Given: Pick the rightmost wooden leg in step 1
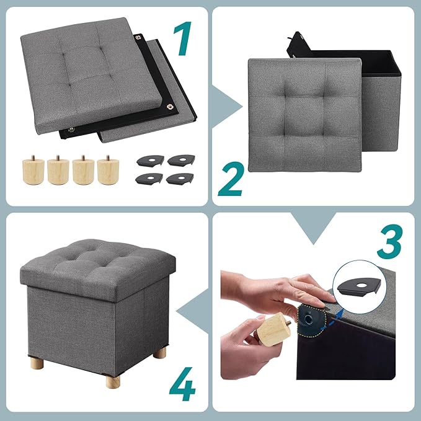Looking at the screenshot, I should point(107,168).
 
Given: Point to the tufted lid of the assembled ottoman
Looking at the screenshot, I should point(94,261).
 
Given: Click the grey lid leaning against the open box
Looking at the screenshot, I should point(304,115).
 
